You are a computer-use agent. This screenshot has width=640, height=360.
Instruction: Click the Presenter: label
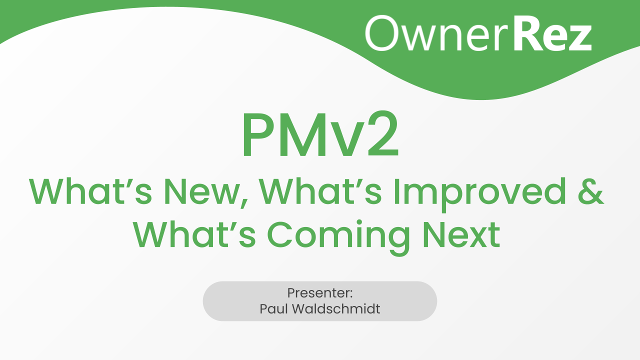coord(320,293)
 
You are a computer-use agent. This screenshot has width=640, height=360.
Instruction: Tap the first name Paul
coord(272,308)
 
